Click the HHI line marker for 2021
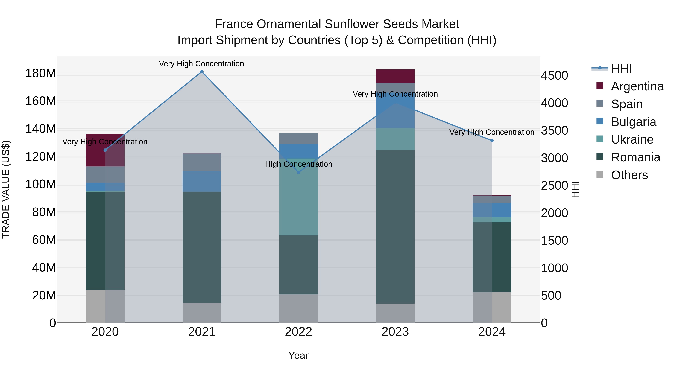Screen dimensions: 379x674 (x=201, y=72)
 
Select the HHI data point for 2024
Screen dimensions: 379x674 (x=492, y=141)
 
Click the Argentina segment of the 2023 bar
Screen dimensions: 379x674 (x=395, y=76)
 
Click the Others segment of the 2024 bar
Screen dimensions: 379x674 (x=492, y=307)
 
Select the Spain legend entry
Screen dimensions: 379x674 (x=626, y=104)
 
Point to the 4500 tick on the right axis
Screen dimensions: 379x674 (x=554, y=76)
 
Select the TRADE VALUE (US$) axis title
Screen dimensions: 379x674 (x=6, y=189)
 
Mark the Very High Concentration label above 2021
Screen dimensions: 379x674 (x=201, y=64)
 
